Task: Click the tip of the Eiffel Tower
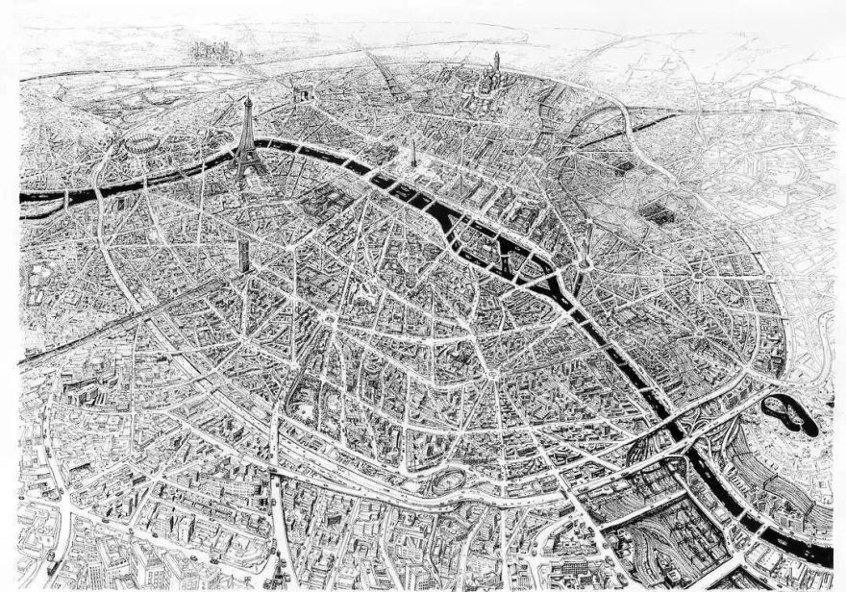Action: pos(247,96)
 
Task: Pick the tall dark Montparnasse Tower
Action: pos(243,254)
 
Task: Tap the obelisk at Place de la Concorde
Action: pos(413,152)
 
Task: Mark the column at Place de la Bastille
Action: pos(583,252)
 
